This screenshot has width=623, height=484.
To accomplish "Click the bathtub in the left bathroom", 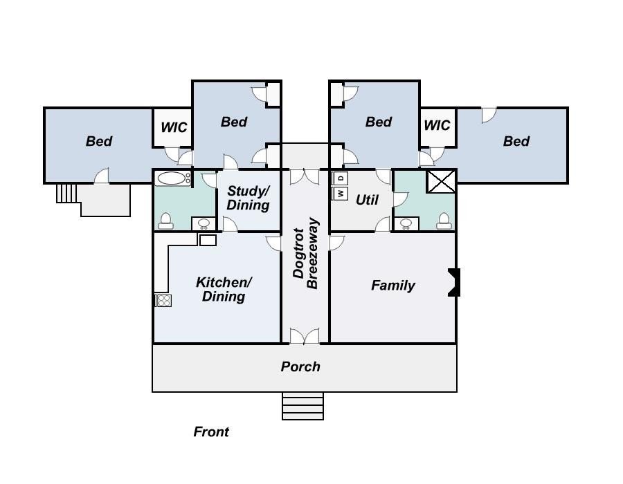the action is click(172, 178).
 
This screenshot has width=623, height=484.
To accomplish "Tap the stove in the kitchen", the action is click(163, 301).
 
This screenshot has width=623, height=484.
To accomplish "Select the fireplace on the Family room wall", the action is click(454, 282).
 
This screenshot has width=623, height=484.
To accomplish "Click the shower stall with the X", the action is click(441, 182).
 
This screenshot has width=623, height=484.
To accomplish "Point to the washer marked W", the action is click(340, 194).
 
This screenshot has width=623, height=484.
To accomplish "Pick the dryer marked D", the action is click(340, 178).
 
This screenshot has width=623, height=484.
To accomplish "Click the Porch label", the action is click(300, 366).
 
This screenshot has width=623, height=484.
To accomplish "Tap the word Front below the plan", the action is click(211, 431).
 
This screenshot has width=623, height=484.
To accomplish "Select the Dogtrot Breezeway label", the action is click(305, 253).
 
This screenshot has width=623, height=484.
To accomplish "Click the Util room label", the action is click(367, 200).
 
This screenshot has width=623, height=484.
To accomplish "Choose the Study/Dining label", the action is click(249, 198).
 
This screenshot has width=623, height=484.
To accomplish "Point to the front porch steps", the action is click(303, 406).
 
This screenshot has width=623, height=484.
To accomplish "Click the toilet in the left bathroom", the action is click(165, 221).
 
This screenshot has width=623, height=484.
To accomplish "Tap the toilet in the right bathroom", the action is click(444, 221).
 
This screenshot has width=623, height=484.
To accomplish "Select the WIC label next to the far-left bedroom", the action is click(174, 127).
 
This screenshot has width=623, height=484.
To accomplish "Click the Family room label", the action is click(393, 286).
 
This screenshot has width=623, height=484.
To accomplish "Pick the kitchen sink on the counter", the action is click(208, 240).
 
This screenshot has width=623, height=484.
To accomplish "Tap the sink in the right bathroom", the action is click(406, 224).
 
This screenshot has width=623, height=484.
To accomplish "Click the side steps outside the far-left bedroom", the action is click(66, 194).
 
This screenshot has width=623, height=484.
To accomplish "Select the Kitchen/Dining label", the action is click(224, 289).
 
